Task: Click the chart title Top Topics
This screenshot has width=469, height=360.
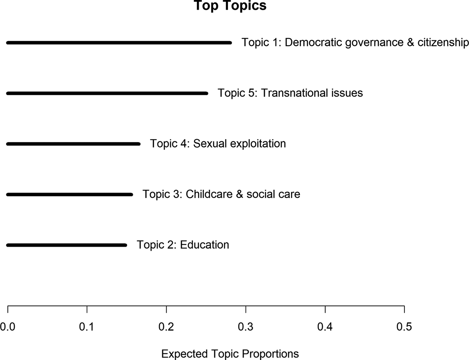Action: (230, 6)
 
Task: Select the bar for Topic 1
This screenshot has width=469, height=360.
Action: (119, 43)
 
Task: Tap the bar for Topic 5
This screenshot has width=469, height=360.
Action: (107, 93)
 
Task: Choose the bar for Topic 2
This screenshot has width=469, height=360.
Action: (66, 245)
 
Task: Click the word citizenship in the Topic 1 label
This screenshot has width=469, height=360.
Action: (443, 42)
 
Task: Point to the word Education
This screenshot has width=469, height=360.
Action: (204, 245)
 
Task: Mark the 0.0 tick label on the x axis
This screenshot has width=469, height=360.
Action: (7, 327)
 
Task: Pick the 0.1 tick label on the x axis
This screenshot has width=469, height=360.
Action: (87, 327)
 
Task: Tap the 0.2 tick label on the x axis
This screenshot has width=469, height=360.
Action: (166, 327)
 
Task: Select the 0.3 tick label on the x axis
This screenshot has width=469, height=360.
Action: (246, 327)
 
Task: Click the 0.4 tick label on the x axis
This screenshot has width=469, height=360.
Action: (325, 327)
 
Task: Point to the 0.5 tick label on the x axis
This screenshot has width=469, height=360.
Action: (404, 327)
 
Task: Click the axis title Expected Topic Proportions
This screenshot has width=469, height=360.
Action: (230, 354)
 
